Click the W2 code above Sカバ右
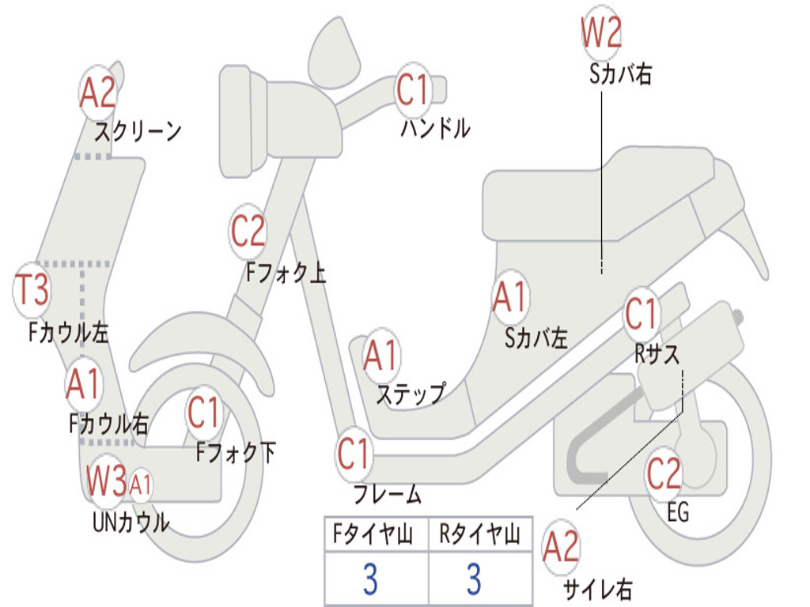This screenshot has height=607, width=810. (601, 33)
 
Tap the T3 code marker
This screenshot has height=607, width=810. (33, 290)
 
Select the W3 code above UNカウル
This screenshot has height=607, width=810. (107, 481)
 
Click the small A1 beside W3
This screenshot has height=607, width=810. (141, 482)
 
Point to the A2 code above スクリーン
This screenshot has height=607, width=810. (98, 93)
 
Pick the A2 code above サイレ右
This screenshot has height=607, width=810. (561, 548)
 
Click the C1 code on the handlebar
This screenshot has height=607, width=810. (412, 89)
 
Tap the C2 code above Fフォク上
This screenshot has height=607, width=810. (248, 232)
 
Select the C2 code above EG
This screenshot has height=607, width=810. (664, 474)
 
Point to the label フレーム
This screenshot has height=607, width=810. (387, 496)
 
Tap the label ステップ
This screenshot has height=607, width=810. (410, 394)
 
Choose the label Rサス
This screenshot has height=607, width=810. (657, 355)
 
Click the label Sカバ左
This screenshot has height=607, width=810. (536, 338)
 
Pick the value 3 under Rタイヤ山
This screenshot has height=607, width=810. (474, 579)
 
